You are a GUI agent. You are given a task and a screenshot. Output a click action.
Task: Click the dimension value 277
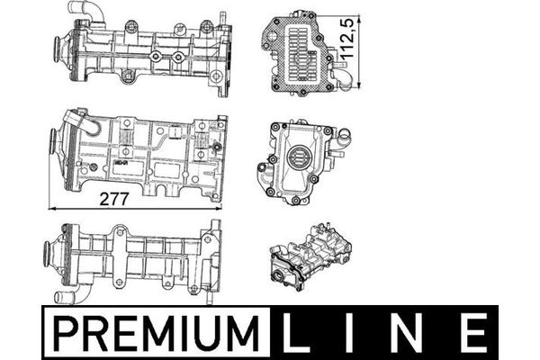tap(114, 199)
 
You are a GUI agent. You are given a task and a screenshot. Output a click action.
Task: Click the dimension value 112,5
tap(346, 38)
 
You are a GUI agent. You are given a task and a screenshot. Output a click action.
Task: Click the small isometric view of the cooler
tap(310, 256)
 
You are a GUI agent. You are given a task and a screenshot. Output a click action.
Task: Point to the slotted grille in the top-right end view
tap(299, 54)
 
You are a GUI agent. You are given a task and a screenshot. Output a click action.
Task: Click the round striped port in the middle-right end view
tap(297, 158)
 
